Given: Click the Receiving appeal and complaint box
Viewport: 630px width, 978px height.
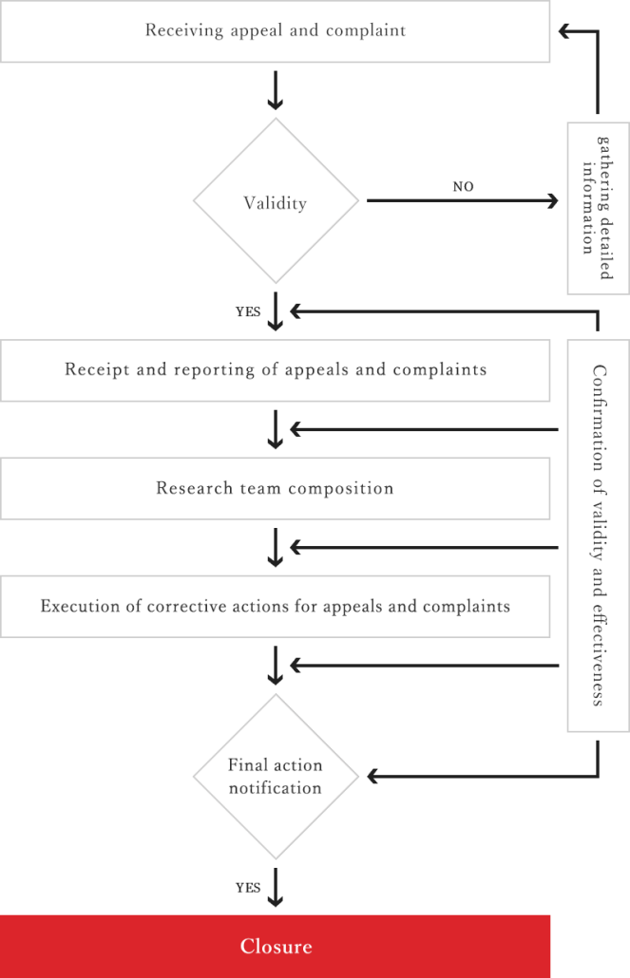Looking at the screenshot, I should click(x=276, y=31).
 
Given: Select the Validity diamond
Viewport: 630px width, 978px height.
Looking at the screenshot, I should click(x=276, y=201).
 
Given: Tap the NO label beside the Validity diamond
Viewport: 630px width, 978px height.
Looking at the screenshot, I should click(x=463, y=187).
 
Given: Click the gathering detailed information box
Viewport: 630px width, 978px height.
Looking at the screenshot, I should click(x=598, y=208).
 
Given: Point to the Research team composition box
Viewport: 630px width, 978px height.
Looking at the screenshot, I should click(x=276, y=489).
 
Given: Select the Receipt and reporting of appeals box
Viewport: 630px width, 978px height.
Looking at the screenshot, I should click(x=276, y=370).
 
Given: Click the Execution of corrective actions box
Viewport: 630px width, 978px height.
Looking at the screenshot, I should click(x=276, y=606).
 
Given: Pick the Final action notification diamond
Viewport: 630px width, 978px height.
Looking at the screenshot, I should click(x=276, y=777).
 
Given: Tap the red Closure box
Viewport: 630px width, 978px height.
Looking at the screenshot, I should click(x=276, y=947).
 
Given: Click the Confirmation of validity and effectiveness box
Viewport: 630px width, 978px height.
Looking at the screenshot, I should click(x=598, y=536).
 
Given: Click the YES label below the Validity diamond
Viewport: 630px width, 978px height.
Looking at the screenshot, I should click(x=248, y=310).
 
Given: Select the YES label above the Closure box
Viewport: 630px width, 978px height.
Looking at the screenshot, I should click(x=248, y=887).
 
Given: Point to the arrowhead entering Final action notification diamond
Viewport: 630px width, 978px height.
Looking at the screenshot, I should click(x=374, y=777).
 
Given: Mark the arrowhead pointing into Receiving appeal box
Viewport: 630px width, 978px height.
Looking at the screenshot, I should click(x=563, y=31).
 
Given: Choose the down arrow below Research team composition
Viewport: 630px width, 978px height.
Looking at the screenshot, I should click(x=276, y=546).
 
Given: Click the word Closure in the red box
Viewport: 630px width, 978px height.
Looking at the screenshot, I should click(x=276, y=947).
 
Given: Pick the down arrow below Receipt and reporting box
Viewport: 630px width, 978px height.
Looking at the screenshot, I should click(x=276, y=429).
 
